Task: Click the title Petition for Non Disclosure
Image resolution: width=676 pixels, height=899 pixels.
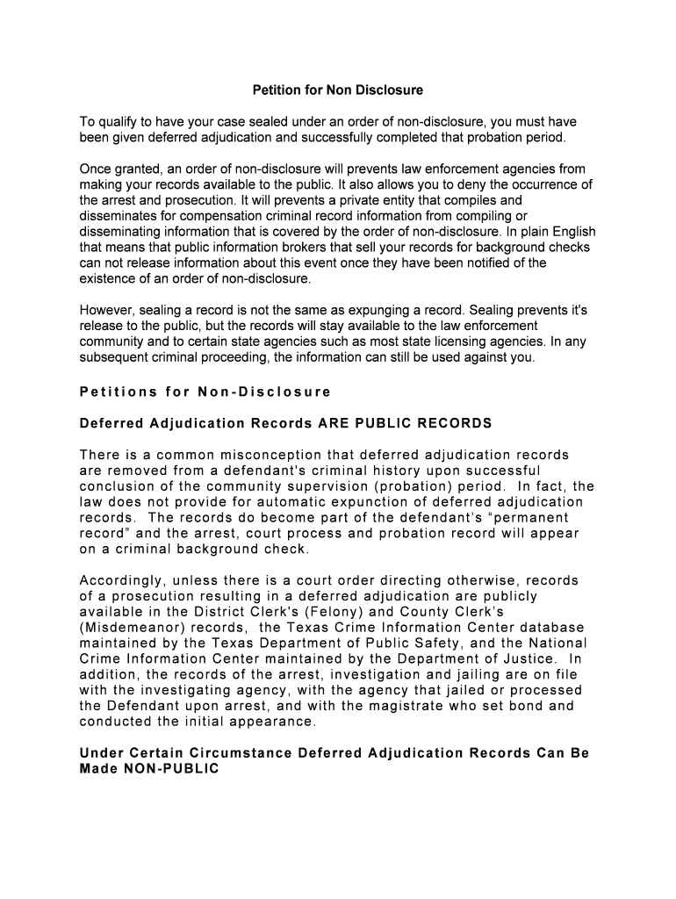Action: (338, 90)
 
